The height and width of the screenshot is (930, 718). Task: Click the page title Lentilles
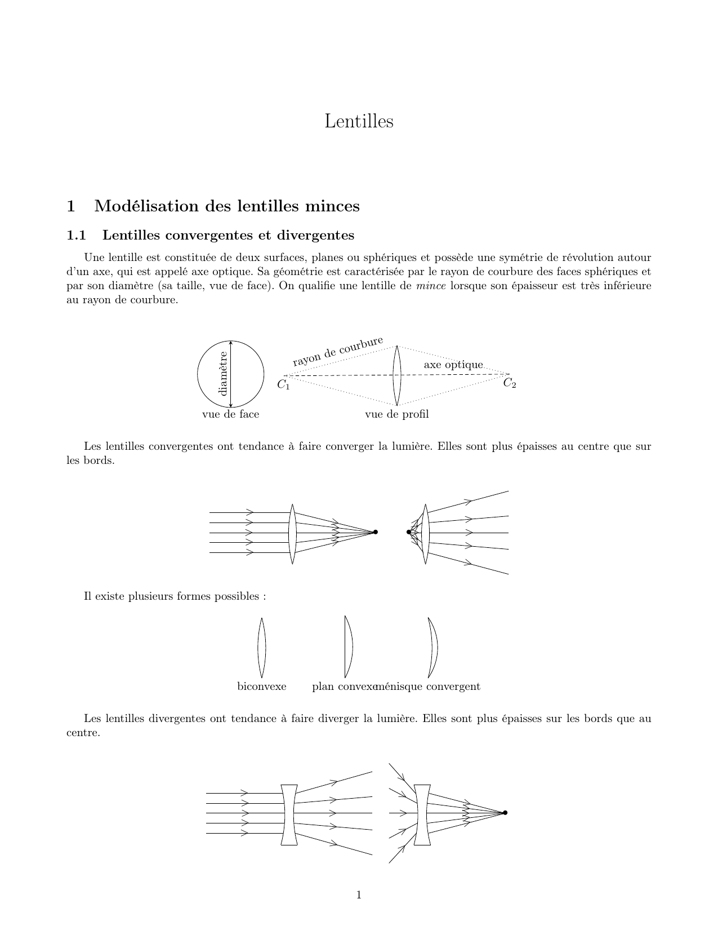click(359, 121)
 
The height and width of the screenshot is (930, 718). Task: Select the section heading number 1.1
click(76, 234)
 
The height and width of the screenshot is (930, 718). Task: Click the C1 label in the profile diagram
click(283, 386)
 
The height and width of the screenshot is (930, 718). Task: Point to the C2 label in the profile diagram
click(510, 383)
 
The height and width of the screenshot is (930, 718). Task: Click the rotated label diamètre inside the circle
click(223, 373)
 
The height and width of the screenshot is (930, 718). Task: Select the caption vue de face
click(230, 414)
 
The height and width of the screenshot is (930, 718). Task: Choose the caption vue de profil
click(396, 414)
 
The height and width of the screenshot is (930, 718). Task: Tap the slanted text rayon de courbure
click(337, 351)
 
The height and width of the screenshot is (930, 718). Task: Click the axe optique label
click(453, 365)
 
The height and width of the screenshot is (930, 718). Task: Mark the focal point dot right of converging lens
click(376, 532)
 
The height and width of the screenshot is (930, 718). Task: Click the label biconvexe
click(262, 687)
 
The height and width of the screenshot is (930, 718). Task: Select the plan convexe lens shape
click(348, 646)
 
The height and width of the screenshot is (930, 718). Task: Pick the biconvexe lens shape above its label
click(262, 647)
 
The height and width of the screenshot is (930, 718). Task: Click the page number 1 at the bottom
click(359, 895)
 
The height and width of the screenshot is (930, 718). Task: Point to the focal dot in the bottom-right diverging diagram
click(505, 812)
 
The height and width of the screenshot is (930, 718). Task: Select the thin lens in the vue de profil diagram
click(396, 375)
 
